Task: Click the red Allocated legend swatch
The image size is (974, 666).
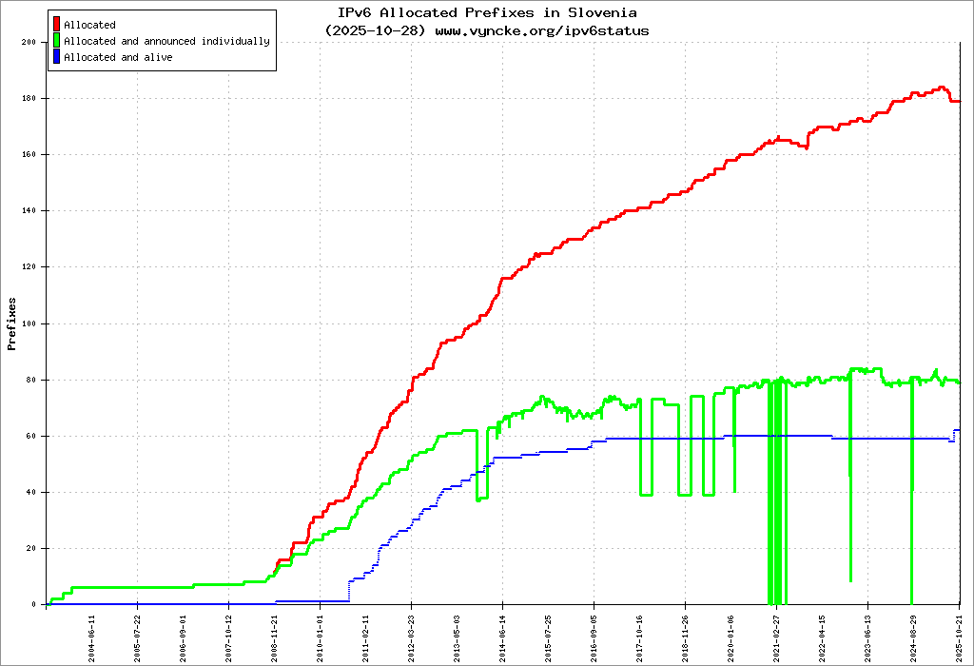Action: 57,24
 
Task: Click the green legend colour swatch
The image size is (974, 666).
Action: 57,41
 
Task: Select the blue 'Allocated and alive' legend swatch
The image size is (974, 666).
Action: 57,57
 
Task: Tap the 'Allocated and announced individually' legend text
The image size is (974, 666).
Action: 166,41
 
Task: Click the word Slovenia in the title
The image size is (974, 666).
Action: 603,12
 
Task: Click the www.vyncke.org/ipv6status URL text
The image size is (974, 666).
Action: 542,30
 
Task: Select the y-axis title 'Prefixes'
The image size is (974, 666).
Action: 12,323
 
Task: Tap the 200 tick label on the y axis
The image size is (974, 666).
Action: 28,42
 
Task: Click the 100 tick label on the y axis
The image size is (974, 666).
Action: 28,323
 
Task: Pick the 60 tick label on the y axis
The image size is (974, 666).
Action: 30,436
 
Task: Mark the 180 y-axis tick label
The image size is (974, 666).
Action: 28,98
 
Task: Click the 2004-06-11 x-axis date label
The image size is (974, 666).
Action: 92,632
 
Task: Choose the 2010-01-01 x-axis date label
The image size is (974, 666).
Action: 321,632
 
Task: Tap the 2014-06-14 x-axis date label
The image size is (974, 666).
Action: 503,632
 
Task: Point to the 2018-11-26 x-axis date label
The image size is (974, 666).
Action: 686,632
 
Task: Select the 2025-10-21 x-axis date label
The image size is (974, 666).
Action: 960,632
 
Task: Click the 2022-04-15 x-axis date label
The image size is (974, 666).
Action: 823,632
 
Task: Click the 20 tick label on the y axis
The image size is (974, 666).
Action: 30,548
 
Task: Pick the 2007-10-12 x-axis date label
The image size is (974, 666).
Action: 229,632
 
